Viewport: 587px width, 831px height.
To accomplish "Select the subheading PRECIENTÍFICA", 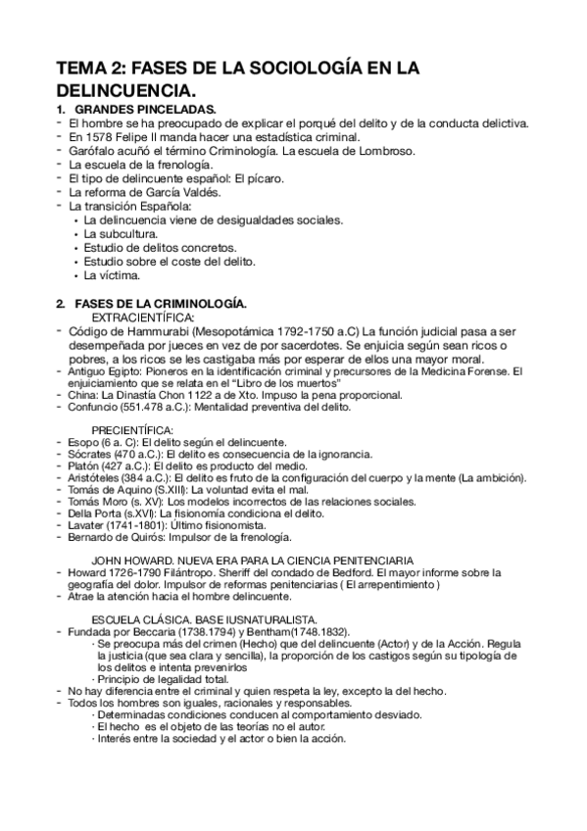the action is (133, 430).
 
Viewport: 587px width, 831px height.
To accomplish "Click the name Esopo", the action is (85, 443).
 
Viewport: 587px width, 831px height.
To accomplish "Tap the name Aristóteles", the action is (96, 480).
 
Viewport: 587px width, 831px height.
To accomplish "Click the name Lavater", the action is (88, 526).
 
